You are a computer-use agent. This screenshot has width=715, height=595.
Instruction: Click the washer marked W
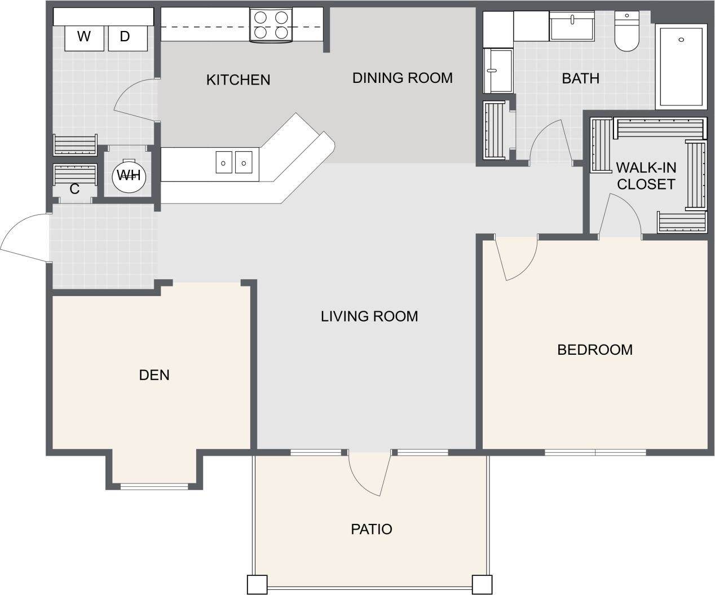click(83, 37)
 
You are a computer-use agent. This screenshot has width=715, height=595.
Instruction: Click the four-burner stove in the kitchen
click(271, 26)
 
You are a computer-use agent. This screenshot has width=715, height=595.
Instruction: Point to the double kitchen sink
click(233, 162)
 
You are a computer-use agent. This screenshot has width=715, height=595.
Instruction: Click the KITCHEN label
click(238, 80)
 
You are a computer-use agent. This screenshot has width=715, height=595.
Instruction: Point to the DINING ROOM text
click(402, 78)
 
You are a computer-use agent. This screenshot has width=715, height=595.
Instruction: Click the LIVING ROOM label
click(369, 316)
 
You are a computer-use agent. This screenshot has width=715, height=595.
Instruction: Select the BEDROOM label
click(594, 350)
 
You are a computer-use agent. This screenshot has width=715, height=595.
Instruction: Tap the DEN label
click(154, 375)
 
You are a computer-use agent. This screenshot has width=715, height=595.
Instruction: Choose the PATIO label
click(371, 529)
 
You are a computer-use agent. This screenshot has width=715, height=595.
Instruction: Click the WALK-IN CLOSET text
click(646, 176)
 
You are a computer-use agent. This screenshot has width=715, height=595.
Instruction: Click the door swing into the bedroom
click(516, 258)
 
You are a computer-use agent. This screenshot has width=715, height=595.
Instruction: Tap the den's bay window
click(154, 486)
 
